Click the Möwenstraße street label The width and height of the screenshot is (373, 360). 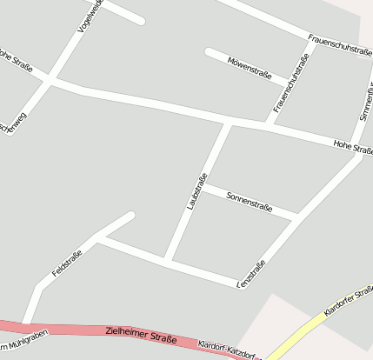tap(250, 68)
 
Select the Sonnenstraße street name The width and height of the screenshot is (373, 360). tap(250, 203)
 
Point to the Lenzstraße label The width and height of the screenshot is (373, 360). tap(251, 274)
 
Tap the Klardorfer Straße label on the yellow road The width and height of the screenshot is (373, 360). tap(347, 300)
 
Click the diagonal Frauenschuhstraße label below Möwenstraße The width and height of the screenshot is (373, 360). tap(291, 83)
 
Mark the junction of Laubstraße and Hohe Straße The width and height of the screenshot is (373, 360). tap(229, 123)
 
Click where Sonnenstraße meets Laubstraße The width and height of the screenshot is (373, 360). tap(202, 183)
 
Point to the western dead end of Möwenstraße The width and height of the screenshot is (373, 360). tap(209, 51)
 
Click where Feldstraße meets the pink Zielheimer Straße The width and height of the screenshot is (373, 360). tap(26, 324)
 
